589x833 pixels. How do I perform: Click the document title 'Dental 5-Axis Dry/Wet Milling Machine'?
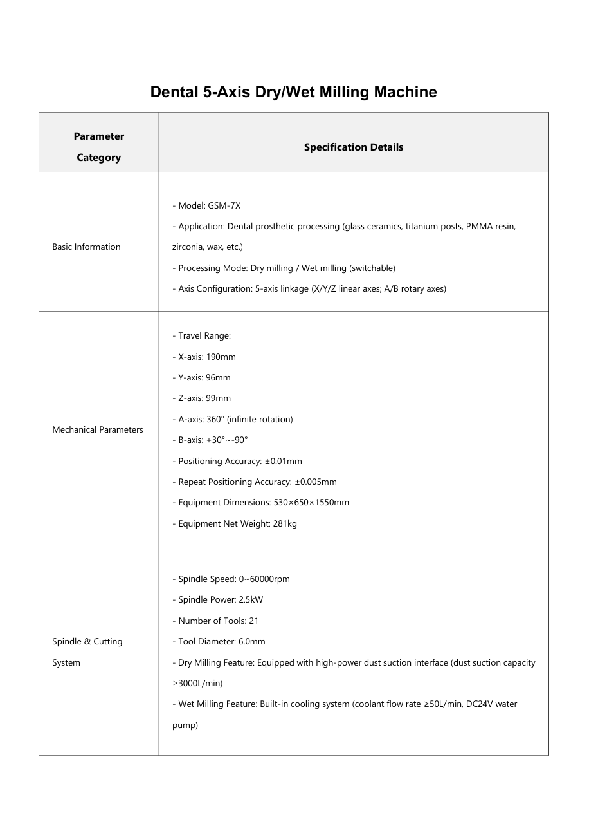(x=293, y=92)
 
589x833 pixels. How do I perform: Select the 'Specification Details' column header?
(x=354, y=147)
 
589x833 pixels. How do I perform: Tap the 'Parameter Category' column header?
(x=99, y=147)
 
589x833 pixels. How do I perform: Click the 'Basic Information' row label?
(x=86, y=247)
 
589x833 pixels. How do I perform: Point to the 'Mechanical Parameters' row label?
(x=98, y=429)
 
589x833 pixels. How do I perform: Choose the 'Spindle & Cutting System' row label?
(x=87, y=651)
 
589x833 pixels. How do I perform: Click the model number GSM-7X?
(x=224, y=205)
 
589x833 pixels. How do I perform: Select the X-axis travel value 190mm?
(x=221, y=357)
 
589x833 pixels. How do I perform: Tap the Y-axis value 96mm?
(x=218, y=377)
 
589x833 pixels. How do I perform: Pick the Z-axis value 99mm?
(x=218, y=398)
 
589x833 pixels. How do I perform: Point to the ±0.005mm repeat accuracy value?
(x=316, y=482)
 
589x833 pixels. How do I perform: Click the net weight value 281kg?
(x=285, y=523)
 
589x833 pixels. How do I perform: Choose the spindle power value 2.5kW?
(x=250, y=599)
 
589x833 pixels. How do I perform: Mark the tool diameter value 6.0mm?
(x=251, y=641)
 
